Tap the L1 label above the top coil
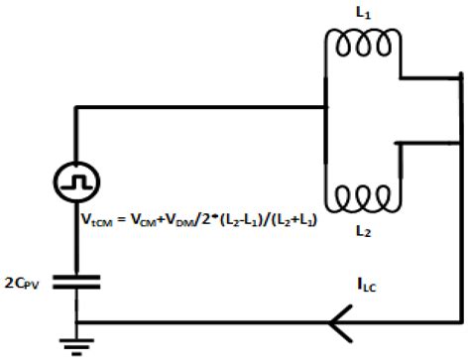tap(362, 11)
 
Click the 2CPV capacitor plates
tap(76, 282)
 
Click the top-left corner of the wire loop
tap(76, 108)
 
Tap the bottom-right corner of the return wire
tap(461, 321)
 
